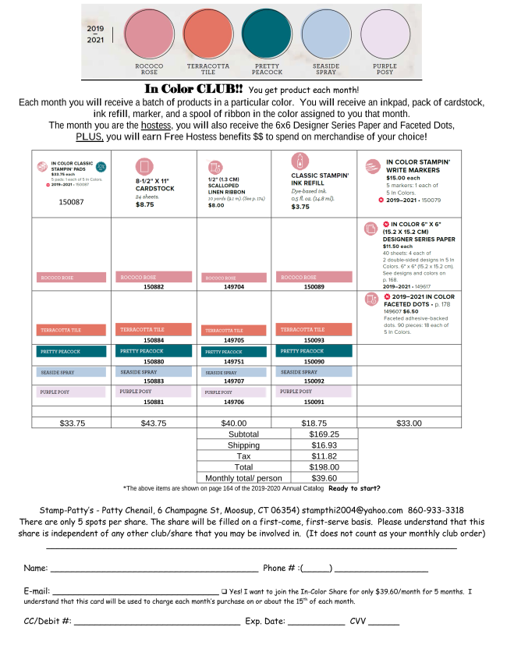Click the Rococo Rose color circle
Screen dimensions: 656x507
[x=150, y=35]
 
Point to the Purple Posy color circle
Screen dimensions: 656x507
[x=385, y=35]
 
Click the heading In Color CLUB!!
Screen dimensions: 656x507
[x=194, y=89]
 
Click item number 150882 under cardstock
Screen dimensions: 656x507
[x=154, y=286]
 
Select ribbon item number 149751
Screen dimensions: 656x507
[x=234, y=362]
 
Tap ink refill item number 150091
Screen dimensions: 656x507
[x=314, y=401]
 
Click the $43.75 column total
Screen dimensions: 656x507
[x=154, y=424]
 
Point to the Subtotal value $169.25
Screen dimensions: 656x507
[x=324, y=434]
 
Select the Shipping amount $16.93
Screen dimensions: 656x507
[x=324, y=445]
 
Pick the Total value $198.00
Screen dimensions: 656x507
[x=324, y=466]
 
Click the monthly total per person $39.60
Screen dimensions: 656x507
[x=324, y=477]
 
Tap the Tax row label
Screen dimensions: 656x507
[x=243, y=456]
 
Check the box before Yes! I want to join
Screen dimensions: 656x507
[x=224, y=591]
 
